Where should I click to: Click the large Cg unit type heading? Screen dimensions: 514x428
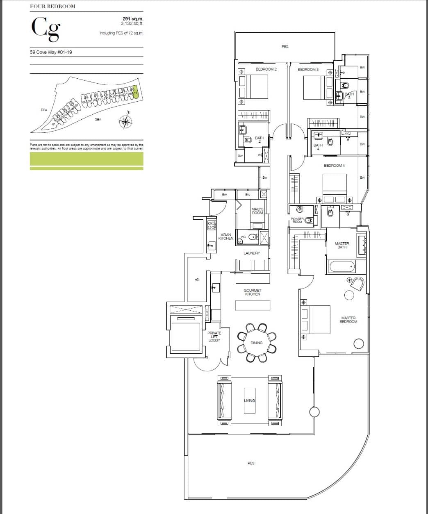[x=45, y=30]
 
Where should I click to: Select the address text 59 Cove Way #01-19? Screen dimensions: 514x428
[x=51, y=52]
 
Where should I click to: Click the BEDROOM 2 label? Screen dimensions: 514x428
[x=266, y=70]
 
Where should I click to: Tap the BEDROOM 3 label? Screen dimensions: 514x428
[x=308, y=70]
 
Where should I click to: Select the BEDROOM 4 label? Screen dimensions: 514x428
[x=334, y=166]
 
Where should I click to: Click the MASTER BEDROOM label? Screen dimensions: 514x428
[x=348, y=320]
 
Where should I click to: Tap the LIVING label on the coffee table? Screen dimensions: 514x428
[x=249, y=400]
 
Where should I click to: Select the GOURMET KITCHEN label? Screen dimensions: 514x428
[x=252, y=292]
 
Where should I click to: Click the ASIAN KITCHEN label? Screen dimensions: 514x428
[x=226, y=237]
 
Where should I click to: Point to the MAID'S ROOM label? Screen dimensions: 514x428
[x=257, y=211]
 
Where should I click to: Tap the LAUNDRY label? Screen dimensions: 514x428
[x=252, y=253]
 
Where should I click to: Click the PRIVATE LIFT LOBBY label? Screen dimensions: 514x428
[x=214, y=337]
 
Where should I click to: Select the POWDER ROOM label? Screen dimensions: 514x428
[x=297, y=220]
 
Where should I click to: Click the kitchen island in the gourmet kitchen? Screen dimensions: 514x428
[x=253, y=305]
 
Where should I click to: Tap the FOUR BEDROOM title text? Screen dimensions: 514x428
[x=53, y=7]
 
